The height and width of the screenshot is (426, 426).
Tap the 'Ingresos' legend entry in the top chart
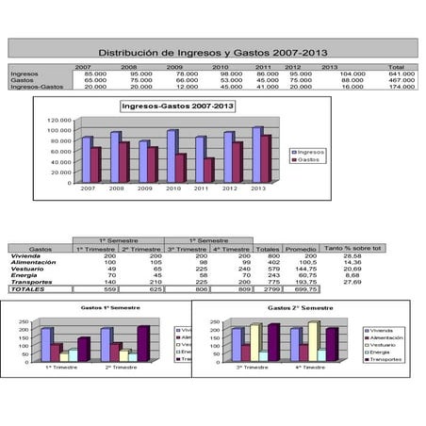click(x=310, y=151)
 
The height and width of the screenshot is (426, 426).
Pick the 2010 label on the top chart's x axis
click(x=172, y=188)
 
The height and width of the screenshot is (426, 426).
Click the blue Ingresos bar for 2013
click(x=256, y=154)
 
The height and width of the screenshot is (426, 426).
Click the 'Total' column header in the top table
click(x=397, y=68)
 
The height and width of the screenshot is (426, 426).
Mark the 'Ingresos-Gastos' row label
click(x=31, y=86)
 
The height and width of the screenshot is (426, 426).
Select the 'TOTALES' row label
click(x=28, y=288)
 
